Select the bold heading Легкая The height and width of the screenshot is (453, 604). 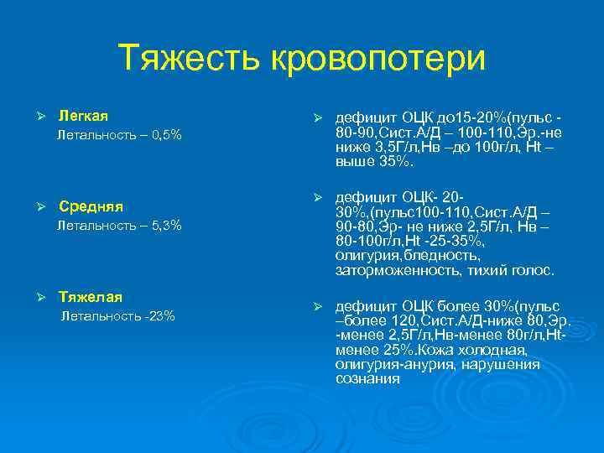(x=83, y=115)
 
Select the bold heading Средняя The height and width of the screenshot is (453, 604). (x=91, y=206)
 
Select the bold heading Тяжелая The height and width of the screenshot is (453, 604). (x=91, y=297)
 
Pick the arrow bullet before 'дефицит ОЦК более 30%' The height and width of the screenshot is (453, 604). (x=316, y=306)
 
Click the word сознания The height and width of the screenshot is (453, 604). (x=367, y=378)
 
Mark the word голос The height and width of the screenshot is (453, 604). (x=534, y=270)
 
